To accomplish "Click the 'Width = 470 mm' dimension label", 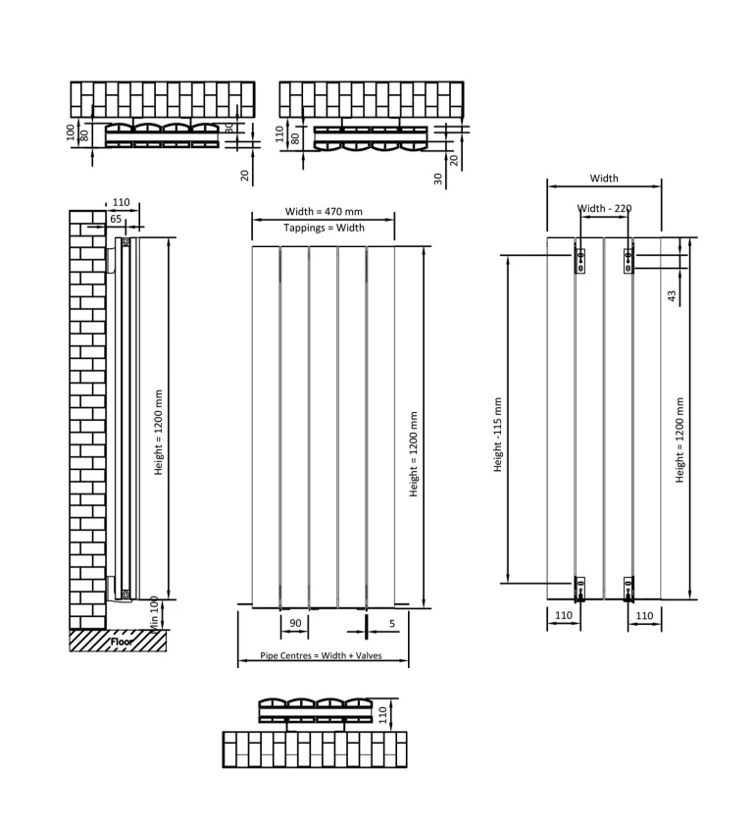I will pyautogui.click(x=323, y=211).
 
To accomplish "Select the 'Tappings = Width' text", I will pyautogui.click(x=323, y=228).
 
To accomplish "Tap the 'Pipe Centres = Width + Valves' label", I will pyautogui.click(x=323, y=654).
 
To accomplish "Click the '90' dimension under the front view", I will pyautogui.click(x=293, y=623).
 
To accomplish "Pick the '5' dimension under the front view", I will pyautogui.click(x=392, y=623).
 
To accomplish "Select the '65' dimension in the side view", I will pyautogui.click(x=115, y=220).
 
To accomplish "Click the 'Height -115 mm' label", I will pyautogui.click(x=498, y=435).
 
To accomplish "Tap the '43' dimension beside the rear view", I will pyautogui.click(x=672, y=295).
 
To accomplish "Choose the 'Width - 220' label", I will pyautogui.click(x=604, y=209).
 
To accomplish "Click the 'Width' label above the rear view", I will pyautogui.click(x=604, y=179).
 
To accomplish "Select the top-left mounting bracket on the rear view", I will pyautogui.click(x=579, y=260).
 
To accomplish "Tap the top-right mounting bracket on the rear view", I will pyautogui.click(x=629, y=260).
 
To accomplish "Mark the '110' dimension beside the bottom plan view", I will pyautogui.click(x=395, y=710).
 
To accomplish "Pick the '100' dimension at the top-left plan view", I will pyautogui.click(x=71, y=131).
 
